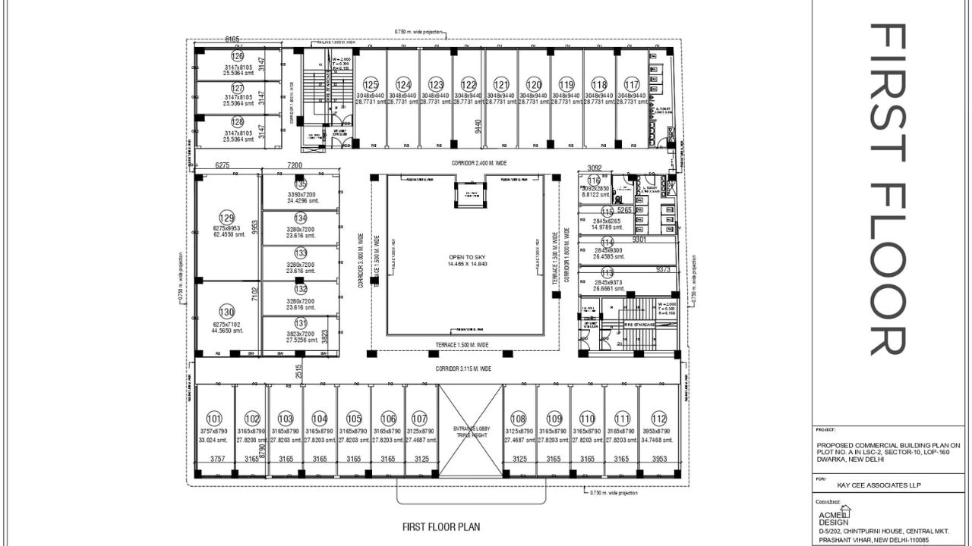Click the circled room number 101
pyautogui.click(x=214, y=419)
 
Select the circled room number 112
pyautogui.click(x=658, y=419)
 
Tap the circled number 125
pyautogui.click(x=371, y=84)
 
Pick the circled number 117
pyautogui.click(x=632, y=84)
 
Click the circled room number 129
pyautogui.click(x=226, y=217)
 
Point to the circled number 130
pyautogui.click(x=226, y=312)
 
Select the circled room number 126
pyautogui.click(x=238, y=56)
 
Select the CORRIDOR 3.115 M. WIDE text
pyautogui.click(x=463, y=369)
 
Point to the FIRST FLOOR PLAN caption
pyautogui.click(x=440, y=526)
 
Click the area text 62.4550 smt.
pyautogui.click(x=230, y=234)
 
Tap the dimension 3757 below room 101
pyautogui.click(x=218, y=459)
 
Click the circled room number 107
pyautogui.click(x=419, y=419)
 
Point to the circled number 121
pyautogui.click(x=501, y=84)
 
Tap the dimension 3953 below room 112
pyautogui.click(x=659, y=459)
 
